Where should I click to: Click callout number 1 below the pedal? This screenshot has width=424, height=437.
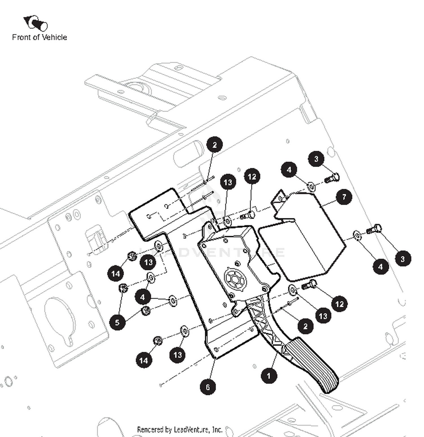click(269, 376)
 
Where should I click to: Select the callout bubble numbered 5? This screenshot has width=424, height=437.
click(117, 322)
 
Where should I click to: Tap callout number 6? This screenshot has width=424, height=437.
click(208, 387)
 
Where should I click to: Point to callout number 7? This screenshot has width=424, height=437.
click(344, 197)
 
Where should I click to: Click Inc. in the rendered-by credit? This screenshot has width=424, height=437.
click(217, 430)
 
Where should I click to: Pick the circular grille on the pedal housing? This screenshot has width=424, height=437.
click(235, 279)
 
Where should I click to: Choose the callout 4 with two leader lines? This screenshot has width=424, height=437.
click(142, 297)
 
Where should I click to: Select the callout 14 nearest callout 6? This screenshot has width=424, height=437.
click(144, 360)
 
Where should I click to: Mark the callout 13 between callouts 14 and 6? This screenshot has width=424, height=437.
click(178, 355)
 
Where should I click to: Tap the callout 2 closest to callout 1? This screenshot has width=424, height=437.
click(305, 326)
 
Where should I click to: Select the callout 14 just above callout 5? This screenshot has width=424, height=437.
click(116, 273)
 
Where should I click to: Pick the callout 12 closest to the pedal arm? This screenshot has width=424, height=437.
click(339, 304)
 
